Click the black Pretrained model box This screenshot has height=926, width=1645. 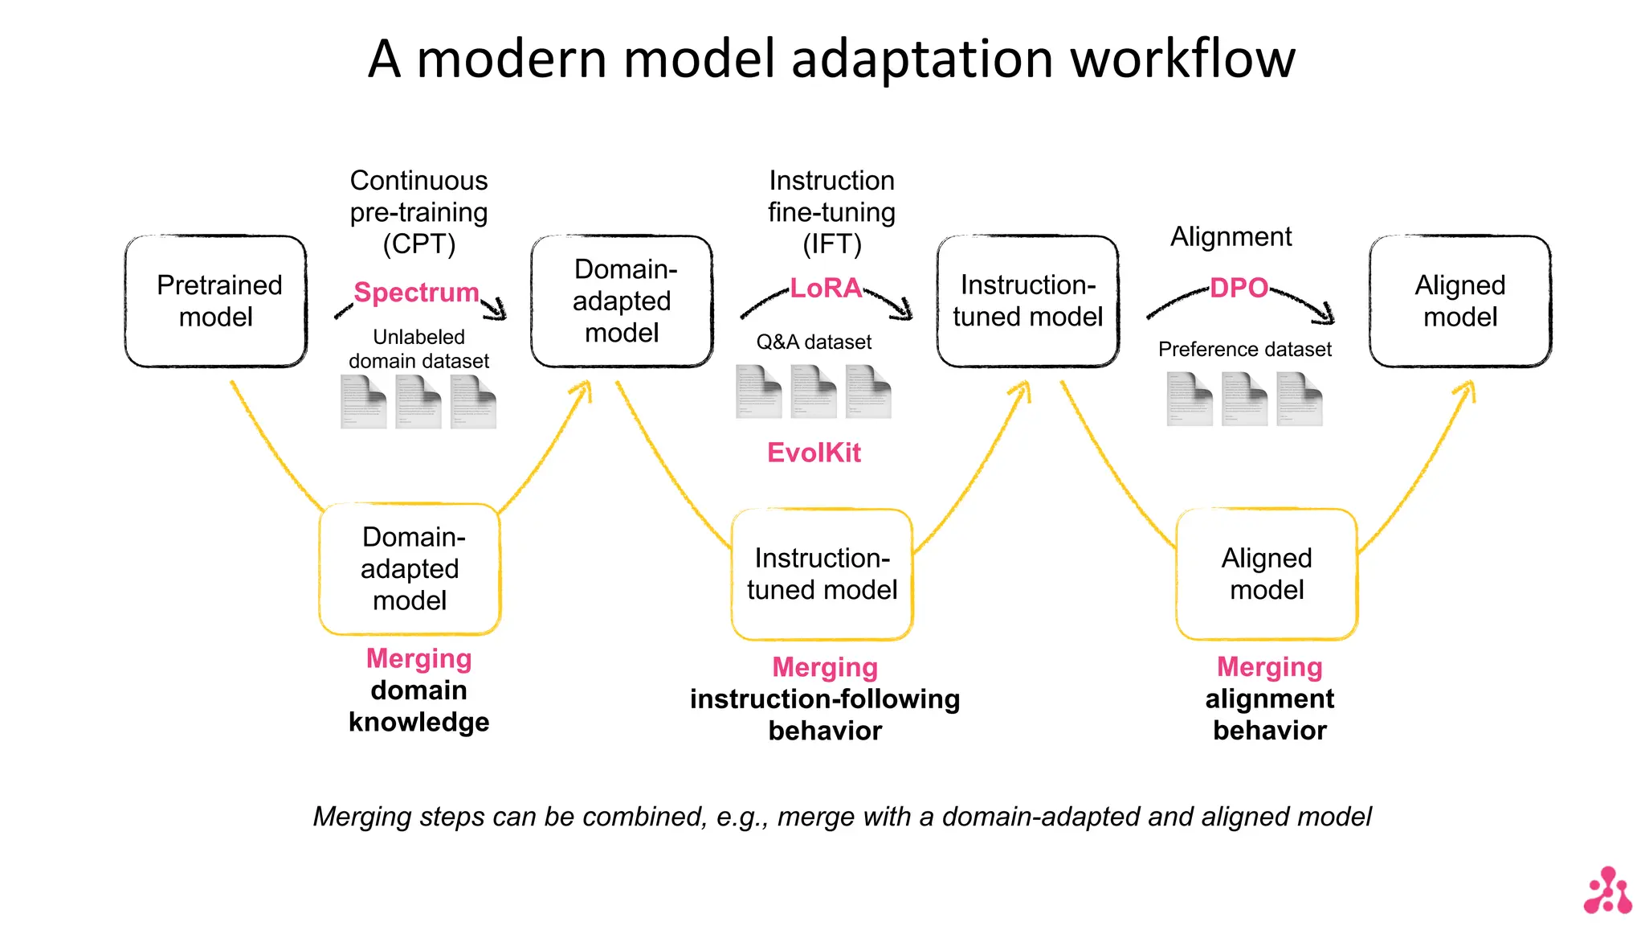click(x=216, y=301)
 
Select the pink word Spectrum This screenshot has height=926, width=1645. click(x=416, y=292)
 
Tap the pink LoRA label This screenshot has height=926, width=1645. click(x=826, y=288)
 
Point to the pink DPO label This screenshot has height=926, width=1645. click(x=1239, y=288)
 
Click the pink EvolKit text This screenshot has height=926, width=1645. click(x=814, y=453)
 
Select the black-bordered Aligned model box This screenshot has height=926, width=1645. click(x=1459, y=301)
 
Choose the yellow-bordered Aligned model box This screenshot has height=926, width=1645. click(x=1267, y=574)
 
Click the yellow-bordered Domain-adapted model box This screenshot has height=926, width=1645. click(x=410, y=569)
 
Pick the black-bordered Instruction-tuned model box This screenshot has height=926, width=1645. click(x=1027, y=301)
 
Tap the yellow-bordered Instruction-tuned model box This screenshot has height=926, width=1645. click(x=822, y=574)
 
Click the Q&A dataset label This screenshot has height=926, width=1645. click(x=814, y=342)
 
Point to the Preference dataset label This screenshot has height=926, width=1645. click(x=1244, y=350)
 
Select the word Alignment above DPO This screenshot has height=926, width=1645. click(x=1231, y=237)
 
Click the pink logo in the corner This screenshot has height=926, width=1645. click(x=1607, y=891)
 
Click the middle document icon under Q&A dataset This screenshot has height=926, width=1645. click(x=813, y=392)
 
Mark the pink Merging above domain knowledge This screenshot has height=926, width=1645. click(x=418, y=658)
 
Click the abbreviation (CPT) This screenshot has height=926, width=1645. click(x=418, y=244)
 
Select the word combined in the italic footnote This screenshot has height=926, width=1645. click(x=641, y=817)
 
